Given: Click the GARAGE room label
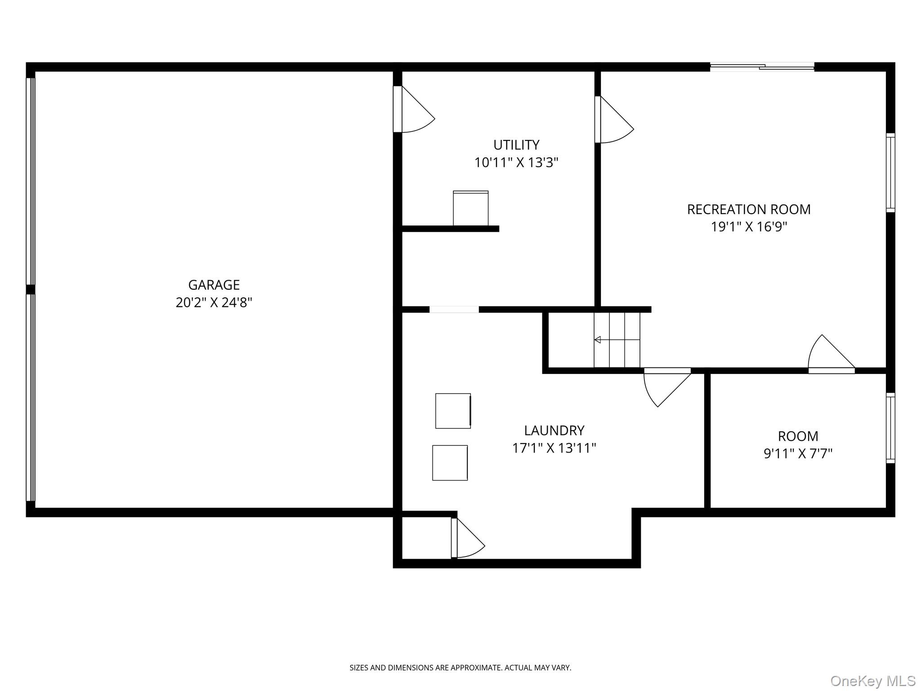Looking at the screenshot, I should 214,285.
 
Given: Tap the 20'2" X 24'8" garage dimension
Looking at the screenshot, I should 214,302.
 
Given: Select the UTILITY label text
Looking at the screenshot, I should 516,145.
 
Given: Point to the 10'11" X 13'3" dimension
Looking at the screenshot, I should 516,162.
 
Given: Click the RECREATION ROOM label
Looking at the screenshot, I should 749,209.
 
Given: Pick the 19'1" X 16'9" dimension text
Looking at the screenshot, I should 749,227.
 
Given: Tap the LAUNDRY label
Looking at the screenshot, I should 554,431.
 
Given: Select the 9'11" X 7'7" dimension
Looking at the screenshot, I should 798,453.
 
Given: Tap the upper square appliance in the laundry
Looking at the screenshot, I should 453,411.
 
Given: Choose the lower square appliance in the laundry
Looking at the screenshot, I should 450,462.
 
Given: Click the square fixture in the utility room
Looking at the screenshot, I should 470,208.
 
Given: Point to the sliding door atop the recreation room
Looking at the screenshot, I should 762,67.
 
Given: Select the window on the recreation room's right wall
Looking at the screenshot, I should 890,173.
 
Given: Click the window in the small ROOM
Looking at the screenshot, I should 890,428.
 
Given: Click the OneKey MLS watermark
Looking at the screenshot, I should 872,681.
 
